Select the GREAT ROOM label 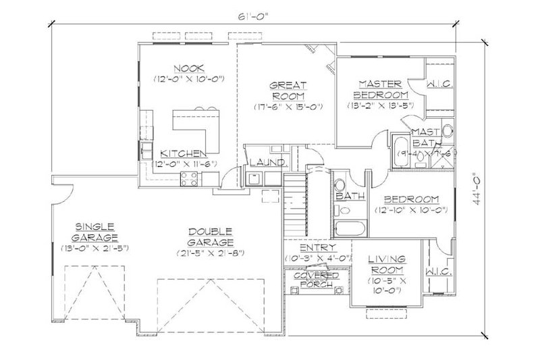[288, 91]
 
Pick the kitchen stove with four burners [189, 179]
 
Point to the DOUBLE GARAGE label [211, 236]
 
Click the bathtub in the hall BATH [349, 226]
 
